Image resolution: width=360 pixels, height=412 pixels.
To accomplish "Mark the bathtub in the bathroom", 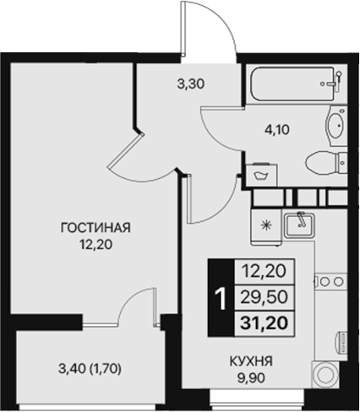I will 292,85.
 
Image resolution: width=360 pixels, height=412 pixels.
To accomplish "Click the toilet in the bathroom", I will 325,160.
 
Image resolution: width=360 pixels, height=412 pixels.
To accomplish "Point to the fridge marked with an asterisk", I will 266,225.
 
